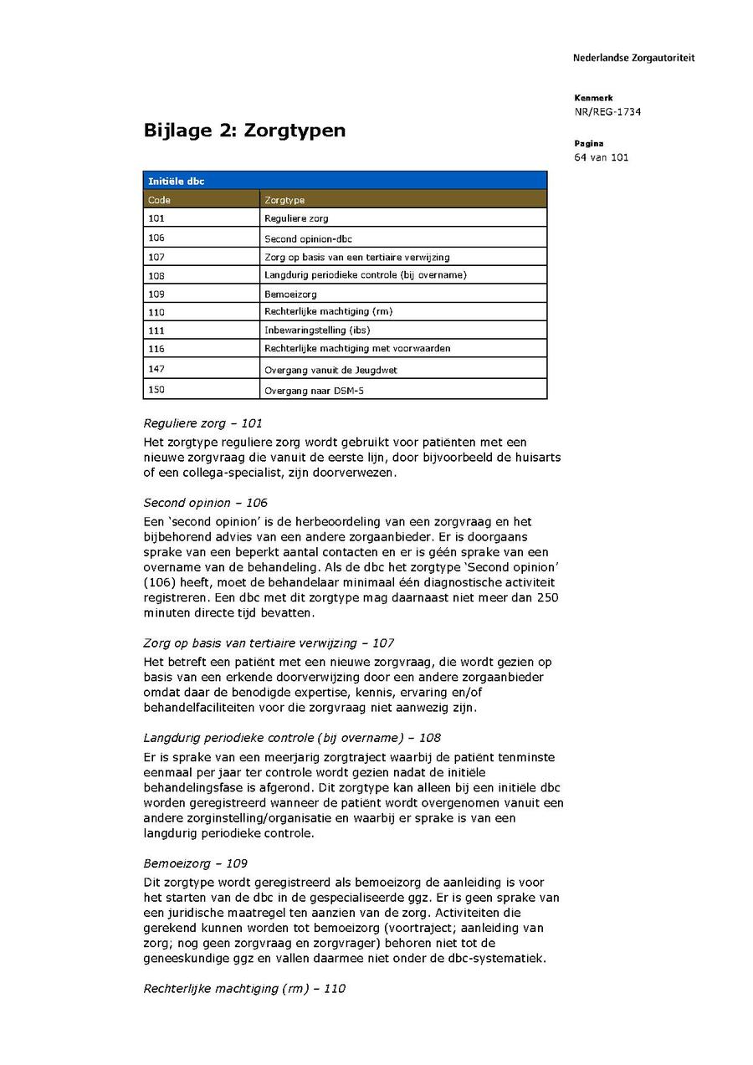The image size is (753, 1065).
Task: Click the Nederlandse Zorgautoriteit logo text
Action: tap(633, 59)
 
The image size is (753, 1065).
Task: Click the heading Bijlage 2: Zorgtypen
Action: tap(244, 131)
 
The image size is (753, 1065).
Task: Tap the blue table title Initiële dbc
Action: tap(177, 181)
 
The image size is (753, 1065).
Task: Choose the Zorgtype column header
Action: tap(284, 200)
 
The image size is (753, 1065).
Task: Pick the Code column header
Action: tap(159, 200)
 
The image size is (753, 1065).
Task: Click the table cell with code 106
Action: tap(156, 238)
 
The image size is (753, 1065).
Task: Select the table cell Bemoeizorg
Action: tap(290, 294)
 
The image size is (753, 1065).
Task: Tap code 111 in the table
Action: tap(156, 330)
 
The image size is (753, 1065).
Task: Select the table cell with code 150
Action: tap(156, 390)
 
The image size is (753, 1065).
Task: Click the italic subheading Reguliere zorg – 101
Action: tap(202, 423)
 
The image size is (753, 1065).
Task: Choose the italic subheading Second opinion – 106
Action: tap(205, 503)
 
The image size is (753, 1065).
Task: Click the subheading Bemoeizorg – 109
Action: tap(195, 863)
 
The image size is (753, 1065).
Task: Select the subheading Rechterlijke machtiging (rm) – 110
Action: tap(244, 988)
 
